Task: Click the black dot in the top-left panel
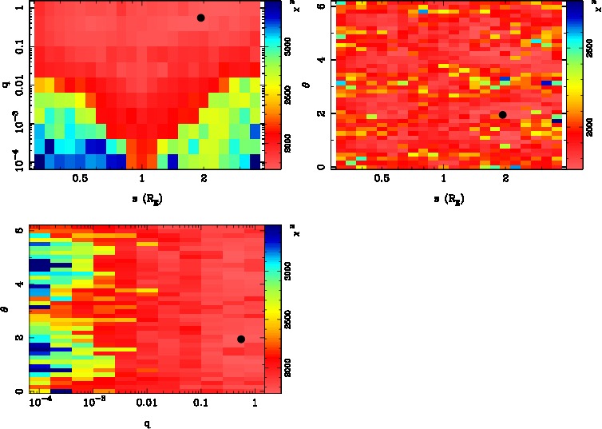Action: tap(201, 18)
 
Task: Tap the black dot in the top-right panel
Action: tap(502, 115)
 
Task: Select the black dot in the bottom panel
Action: tap(240, 340)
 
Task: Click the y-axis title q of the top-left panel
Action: tap(5, 82)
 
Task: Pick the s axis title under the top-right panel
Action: tap(445, 200)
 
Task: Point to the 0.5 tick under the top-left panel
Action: tap(80, 180)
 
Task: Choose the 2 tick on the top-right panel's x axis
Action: tap(506, 180)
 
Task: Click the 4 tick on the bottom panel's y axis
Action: tap(18, 284)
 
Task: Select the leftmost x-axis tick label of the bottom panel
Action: tap(39, 404)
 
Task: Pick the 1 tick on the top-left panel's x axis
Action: tap(142, 180)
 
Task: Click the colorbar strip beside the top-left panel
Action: tap(272, 84)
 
